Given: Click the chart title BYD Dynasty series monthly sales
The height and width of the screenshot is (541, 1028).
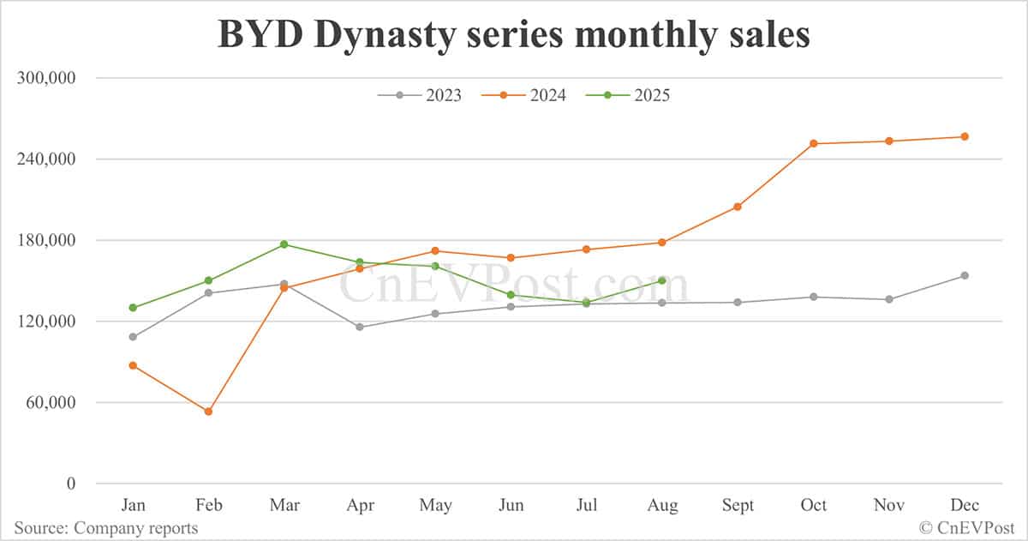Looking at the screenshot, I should pyautogui.click(x=513, y=36).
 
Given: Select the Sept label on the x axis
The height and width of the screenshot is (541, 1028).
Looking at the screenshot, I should pyautogui.click(x=738, y=505).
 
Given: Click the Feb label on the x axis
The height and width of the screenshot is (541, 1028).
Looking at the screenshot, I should pyautogui.click(x=208, y=505).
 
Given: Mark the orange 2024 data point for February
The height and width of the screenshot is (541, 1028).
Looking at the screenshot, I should pyautogui.click(x=208, y=412).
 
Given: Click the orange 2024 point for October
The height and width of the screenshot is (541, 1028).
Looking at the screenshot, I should pyautogui.click(x=813, y=143).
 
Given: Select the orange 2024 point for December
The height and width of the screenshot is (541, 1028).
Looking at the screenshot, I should pyautogui.click(x=965, y=136).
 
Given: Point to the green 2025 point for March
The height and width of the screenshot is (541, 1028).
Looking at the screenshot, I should pyautogui.click(x=284, y=244).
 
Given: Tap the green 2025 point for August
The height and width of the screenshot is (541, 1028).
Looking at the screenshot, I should pyautogui.click(x=662, y=280).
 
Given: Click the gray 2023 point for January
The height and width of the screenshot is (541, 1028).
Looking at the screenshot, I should pyautogui.click(x=133, y=337).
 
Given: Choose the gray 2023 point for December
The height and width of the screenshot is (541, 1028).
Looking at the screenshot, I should pyautogui.click(x=965, y=275).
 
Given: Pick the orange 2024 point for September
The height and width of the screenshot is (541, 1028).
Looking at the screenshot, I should pyautogui.click(x=738, y=207).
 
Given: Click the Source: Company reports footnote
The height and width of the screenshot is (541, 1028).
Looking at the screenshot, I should pyautogui.click(x=105, y=528).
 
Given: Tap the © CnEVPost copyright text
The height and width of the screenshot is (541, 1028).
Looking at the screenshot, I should pyautogui.click(x=968, y=528).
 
